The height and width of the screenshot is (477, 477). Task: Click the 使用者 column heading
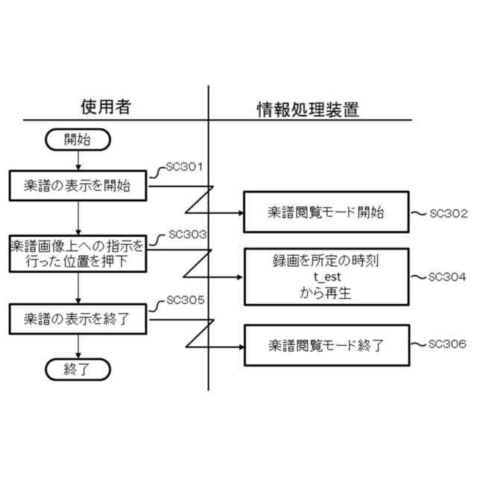105,107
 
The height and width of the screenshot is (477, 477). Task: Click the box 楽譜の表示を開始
78,186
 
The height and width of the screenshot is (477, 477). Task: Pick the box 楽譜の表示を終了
78,320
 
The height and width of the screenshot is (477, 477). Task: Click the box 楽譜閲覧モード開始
326,212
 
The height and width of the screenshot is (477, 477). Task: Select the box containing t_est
326,277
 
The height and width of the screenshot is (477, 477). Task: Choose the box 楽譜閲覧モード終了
326,346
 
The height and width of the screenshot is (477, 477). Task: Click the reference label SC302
448,213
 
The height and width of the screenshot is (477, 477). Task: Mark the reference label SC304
448,277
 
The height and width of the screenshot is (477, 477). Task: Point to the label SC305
184,301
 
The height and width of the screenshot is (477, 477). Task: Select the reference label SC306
448,344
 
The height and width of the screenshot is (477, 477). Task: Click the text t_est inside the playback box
326,277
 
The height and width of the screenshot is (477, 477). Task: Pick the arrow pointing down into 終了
78,346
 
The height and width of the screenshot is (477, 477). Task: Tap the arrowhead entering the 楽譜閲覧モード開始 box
241,212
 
